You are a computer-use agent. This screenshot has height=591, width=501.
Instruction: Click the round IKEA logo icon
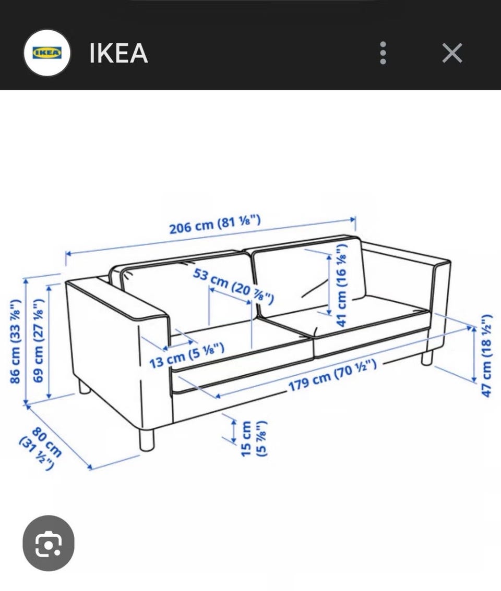tap(47, 53)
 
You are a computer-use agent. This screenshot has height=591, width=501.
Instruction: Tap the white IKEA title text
tap(118, 53)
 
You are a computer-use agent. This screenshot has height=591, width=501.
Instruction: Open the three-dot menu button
tap(383, 53)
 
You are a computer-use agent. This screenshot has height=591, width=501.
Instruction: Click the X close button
tap(452, 53)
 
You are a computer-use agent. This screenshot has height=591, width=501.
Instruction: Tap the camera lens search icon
tap(49, 543)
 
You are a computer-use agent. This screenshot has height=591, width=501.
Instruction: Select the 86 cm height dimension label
tap(15, 341)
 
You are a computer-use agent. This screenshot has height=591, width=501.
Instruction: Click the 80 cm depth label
tap(41, 448)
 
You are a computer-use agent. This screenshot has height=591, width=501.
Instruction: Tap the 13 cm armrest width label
tap(187, 355)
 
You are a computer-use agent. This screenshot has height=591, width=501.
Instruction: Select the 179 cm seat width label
tap(332, 376)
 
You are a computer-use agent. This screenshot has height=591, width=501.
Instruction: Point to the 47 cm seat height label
tap(487, 355)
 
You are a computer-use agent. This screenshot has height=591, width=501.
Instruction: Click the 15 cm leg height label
tap(253, 439)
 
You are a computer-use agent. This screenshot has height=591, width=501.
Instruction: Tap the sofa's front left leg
tap(147, 439)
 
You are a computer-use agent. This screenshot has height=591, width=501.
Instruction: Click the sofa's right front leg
tap(426, 358)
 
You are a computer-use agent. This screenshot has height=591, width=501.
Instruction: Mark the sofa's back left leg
tap(85, 387)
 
